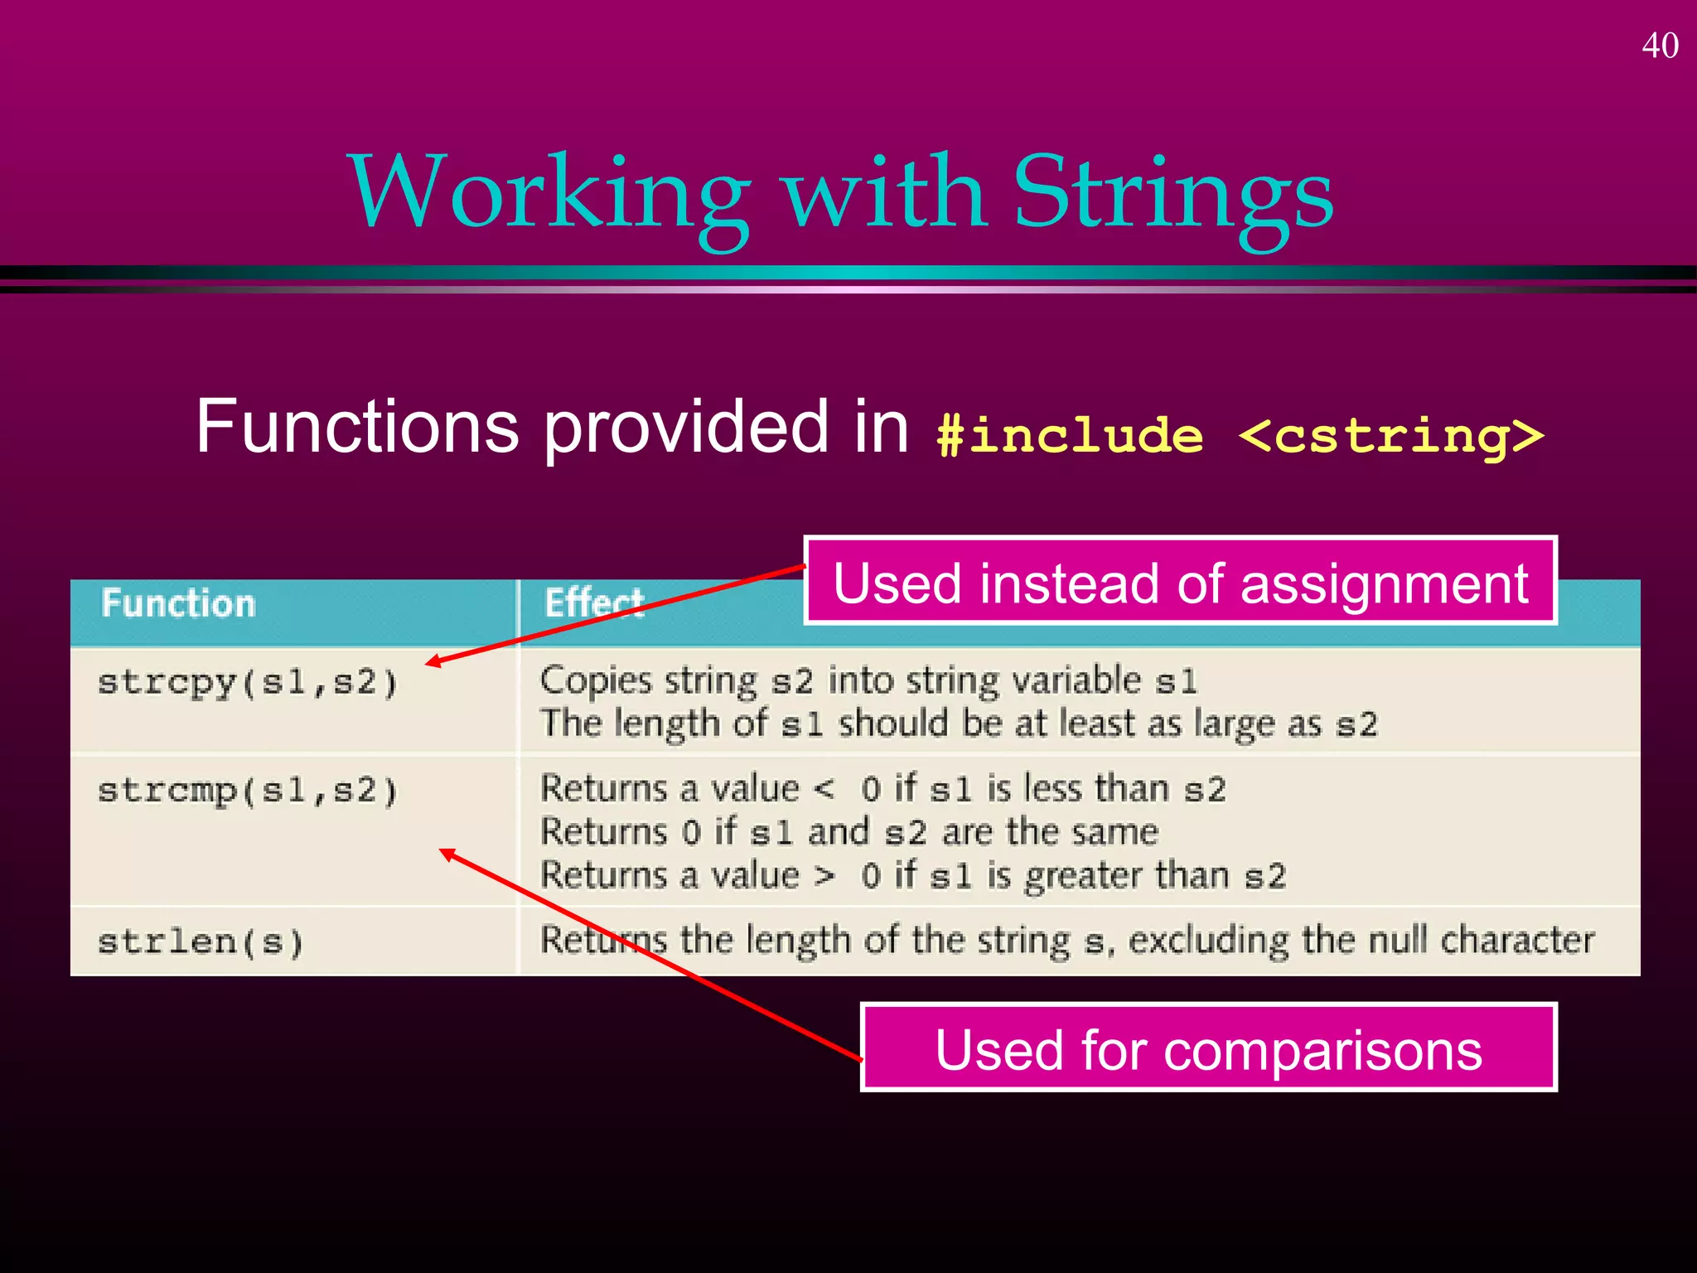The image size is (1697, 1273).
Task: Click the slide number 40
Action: [1660, 46]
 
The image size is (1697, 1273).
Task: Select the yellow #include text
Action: [1069, 434]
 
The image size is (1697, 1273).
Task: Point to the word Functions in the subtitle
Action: [356, 426]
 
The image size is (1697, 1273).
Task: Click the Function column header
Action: [178, 603]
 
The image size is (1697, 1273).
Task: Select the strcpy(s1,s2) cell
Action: [249, 683]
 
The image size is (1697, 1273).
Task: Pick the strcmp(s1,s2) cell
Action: [249, 790]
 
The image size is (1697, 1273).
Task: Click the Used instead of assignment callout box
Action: [1180, 582]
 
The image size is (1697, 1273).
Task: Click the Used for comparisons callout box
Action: [1208, 1048]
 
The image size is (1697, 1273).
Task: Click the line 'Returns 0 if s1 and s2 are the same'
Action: [848, 831]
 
